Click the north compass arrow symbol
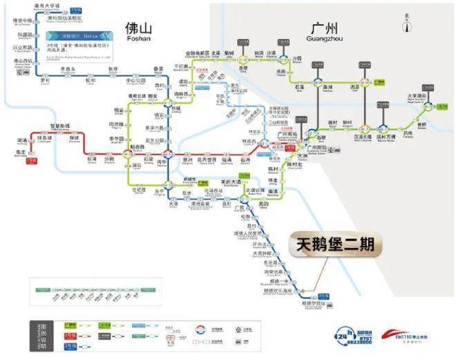click(x=408, y=24)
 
